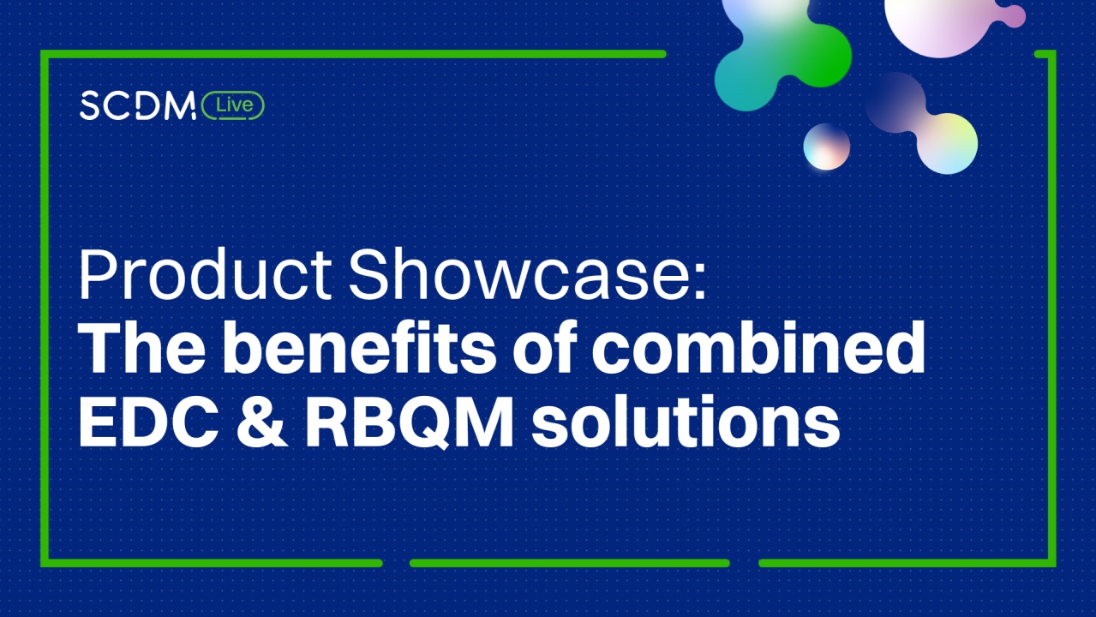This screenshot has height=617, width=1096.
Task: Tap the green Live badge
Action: (233, 105)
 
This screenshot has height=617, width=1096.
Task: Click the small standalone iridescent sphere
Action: (826, 147)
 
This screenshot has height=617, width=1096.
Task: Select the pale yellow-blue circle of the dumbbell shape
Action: (947, 142)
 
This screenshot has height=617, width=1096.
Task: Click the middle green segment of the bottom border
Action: (569, 563)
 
